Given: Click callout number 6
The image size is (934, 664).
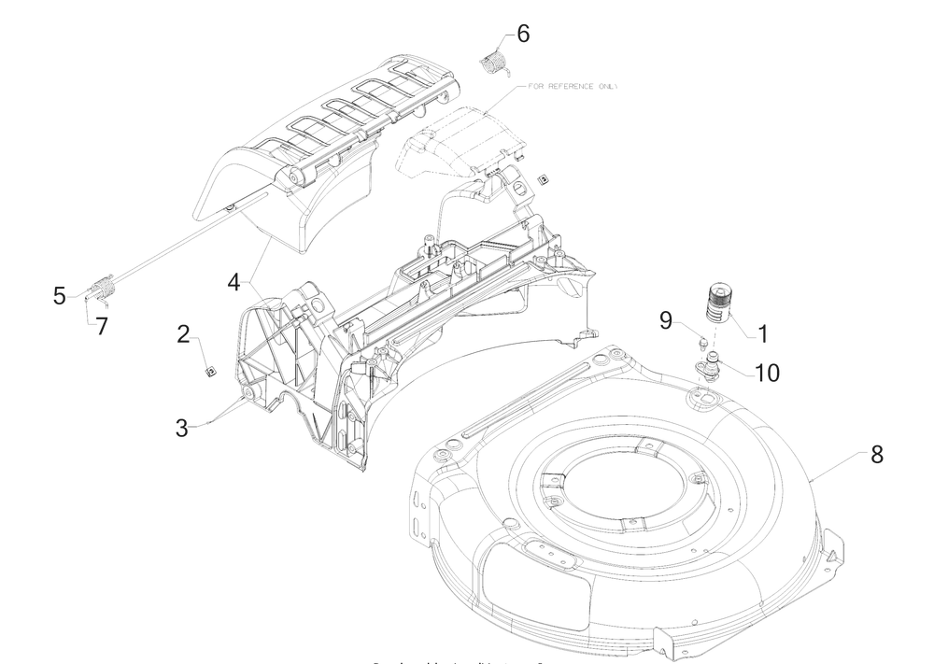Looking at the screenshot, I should click(x=522, y=34).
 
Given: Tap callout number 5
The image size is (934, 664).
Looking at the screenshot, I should click(x=60, y=295).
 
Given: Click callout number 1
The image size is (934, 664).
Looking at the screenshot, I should click(x=763, y=332).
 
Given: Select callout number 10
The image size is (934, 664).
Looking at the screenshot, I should click(x=767, y=372).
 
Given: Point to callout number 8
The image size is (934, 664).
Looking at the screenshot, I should click(x=876, y=455).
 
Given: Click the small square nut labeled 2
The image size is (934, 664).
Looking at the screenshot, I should click(x=211, y=370).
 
